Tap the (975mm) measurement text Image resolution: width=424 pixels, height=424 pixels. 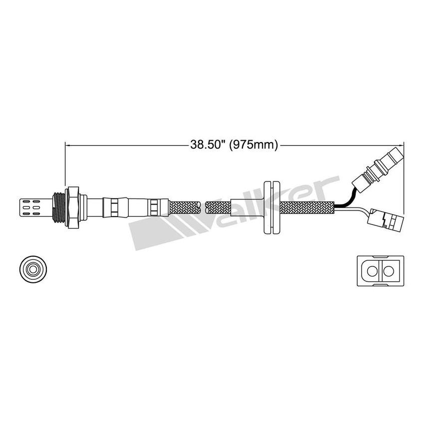point(253,145)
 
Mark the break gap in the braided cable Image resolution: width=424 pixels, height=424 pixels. point(203,205)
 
